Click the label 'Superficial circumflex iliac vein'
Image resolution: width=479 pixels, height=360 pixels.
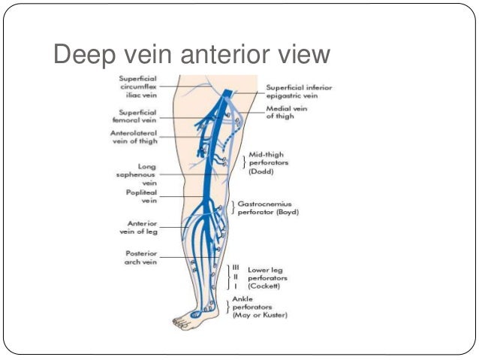(137, 86)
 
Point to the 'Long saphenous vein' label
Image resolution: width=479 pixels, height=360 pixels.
(141, 174)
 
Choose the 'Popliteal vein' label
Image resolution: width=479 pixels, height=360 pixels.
(140, 197)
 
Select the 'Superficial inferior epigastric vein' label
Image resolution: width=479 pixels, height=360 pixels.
(300, 92)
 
